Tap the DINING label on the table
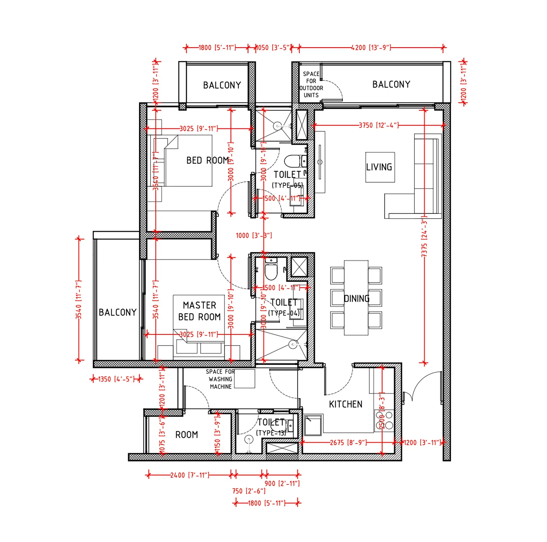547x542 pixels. (356, 298)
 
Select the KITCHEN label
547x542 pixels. (345, 404)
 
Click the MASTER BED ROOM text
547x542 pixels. (199, 311)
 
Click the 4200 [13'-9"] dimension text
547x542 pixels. (371, 48)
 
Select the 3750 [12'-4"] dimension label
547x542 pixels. (379, 125)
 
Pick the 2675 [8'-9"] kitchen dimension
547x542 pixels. (348, 442)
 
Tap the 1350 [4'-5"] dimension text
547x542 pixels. (116, 379)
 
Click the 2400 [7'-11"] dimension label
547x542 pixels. (190, 475)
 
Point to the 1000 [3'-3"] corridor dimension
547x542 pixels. (254, 235)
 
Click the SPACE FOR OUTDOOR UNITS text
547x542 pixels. (311, 84)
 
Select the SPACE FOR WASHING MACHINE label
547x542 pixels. (220, 379)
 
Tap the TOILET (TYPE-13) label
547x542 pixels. (271, 427)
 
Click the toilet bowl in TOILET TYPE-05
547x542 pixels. (292, 161)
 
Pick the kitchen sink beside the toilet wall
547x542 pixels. (313, 426)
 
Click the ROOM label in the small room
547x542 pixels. (186, 435)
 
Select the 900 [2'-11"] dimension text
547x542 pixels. (282, 483)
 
